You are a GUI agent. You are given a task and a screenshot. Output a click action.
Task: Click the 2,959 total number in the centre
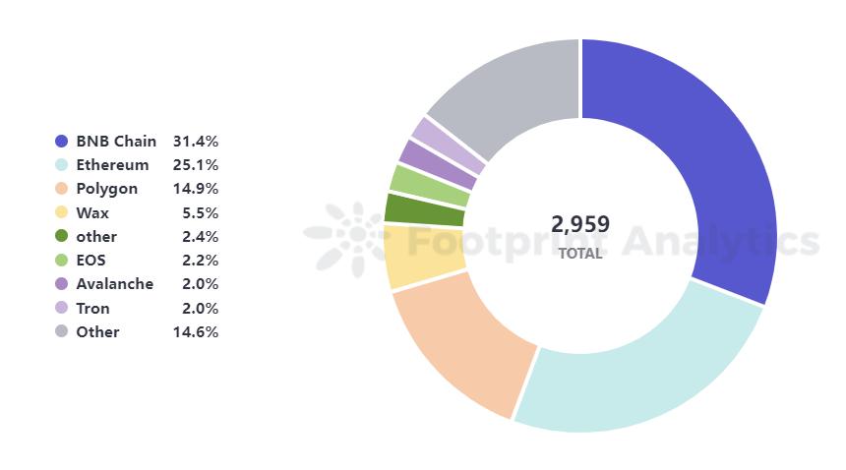point(580,224)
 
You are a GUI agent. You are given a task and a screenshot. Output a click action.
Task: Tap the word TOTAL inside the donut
point(580,253)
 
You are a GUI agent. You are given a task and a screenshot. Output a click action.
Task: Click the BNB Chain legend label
point(116,142)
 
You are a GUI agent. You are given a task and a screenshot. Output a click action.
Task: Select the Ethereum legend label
point(112,165)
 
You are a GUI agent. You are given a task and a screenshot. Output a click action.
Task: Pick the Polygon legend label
point(106,189)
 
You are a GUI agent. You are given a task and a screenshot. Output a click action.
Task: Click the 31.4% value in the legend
point(196,142)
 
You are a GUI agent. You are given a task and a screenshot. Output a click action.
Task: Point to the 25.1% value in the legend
point(196,165)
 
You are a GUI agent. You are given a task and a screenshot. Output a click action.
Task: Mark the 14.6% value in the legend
point(196,332)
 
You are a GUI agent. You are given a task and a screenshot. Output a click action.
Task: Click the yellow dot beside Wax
point(62,212)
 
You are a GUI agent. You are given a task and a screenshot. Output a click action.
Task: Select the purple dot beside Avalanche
point(62,284)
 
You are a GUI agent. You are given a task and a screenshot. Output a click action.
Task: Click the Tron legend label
point(92,309)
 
